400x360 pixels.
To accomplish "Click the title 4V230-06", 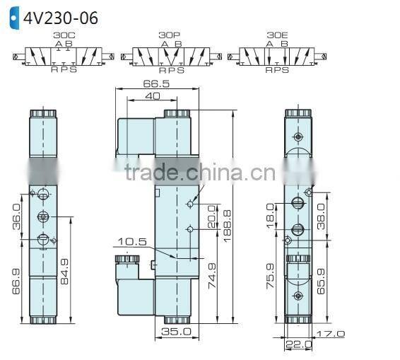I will [x=61, y=17].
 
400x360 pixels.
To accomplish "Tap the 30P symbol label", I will [x=170, y=34].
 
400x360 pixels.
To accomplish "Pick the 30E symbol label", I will [x=277, y=34].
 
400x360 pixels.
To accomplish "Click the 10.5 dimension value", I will [x=131, y=242].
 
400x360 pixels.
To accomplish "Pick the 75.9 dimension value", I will [x=269, y=278].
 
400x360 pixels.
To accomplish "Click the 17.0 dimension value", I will [x=330, y=334].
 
